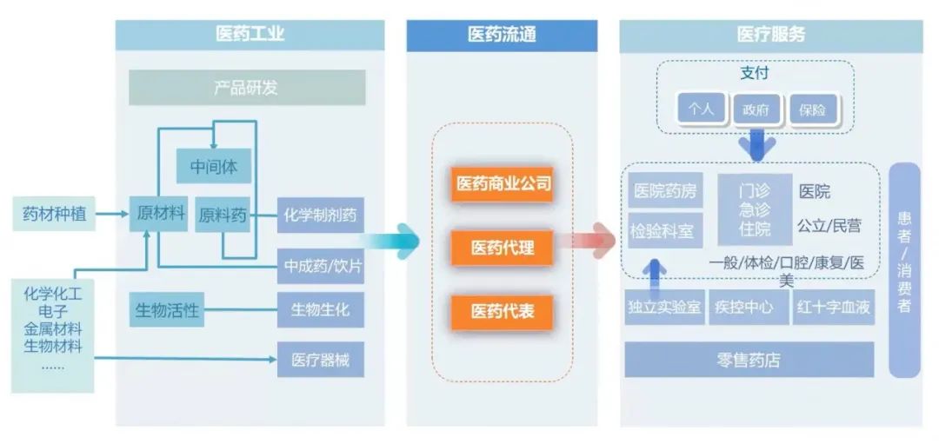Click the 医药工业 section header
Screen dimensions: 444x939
pos(250,36)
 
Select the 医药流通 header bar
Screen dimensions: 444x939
pos(502,36)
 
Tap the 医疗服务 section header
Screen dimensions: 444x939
pos(770,36)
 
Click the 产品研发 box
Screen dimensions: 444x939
pos(247,88)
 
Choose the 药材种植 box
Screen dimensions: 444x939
pos(54,213)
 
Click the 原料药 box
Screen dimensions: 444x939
pos(223,215)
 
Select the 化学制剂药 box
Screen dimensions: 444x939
pos(320,215)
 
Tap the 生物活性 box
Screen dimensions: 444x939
pos(167,309)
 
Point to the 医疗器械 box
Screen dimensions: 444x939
pos(320,359)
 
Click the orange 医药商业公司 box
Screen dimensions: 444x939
pos(502,184)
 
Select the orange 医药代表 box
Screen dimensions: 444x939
pos(502,311)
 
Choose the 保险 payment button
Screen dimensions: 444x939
pos(812,110)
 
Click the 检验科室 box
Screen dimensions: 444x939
pos(664,230)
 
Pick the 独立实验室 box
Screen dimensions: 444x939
pos(664,308)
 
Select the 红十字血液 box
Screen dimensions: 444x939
pos(833,308)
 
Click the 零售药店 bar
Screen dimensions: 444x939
pos(749,360)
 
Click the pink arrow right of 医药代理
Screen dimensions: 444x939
pos(591,240)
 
